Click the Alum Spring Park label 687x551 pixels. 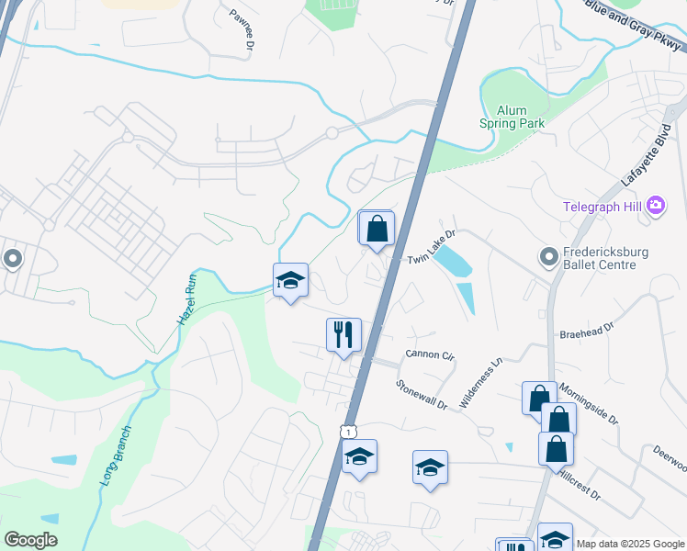(x=512, y=116)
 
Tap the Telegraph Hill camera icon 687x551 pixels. (x=656, y=206)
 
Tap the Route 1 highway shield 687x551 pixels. (x=348, y=431)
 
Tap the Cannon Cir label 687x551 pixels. (x=430, y=354)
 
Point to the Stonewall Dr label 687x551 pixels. (x=422, y=396)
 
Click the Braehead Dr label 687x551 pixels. (x=603, y=325)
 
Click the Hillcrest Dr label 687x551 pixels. (x=578, y=485)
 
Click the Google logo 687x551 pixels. (x=31, y=540)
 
